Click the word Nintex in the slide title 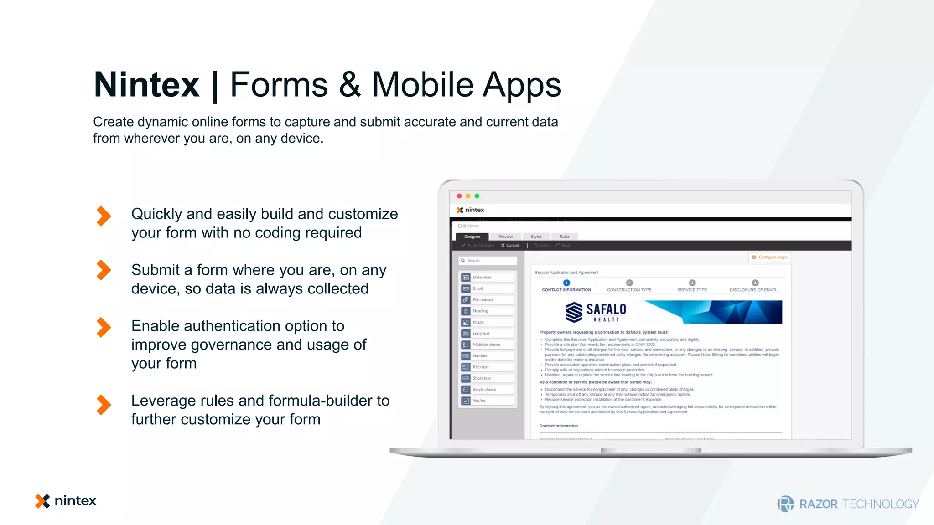pyautogui.click(x=146, y=85)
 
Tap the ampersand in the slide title pyautogui.click(x=350, y=85)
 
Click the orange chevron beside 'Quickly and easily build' pyautogui.click(x=104, y=216)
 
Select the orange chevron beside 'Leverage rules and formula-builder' pyautogui.click(x=104, y=405)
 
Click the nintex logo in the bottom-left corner pyautogui.click(x=66, y=501)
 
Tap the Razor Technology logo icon pyautogui.click(x=785, y=504)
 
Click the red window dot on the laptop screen pyautogui.click(x=459, y=196)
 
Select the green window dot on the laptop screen pyautogui.click(x=477, y=196)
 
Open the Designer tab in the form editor pyautogui.click(x=472, y=237)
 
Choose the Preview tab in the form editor pyautogui.click(x=505, y=237)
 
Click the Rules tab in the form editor pyautogui.click(x=564, y=237)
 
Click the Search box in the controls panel pyautogui.click(x=488, y=261)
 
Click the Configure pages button pyautogui.click(x=770, y=257)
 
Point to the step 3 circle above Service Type pyautogui.click(x=692, y=283)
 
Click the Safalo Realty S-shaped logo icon pyautogui.click(x=574, y=312)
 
